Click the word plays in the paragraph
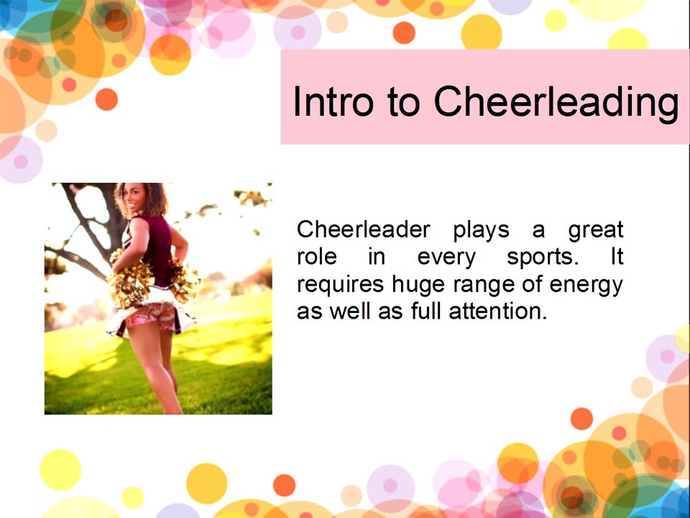[481, 231]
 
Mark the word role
[317, 257]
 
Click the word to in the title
[403, 102]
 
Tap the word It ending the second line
[617, 257]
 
